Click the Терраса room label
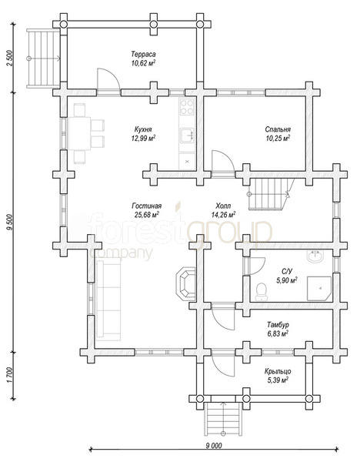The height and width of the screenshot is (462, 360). (x=143, y=54)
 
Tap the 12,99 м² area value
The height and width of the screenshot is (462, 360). (x=143, y=138)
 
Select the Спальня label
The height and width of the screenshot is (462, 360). (x=278, y=129)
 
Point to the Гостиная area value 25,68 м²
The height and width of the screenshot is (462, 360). (x=147, y=215)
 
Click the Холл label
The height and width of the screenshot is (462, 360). (x=223, y=206)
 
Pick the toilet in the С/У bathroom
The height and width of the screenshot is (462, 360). (x=261, y=292)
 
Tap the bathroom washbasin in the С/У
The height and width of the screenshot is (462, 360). (x=315, y=256)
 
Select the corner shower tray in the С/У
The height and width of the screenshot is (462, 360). (x=319, y=289)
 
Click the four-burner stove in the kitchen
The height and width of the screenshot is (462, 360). (x=187, y=107)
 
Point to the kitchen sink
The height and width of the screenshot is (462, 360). (x=187, y=136)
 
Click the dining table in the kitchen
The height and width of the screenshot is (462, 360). (x=79, y=133)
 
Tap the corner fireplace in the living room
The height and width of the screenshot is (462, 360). (x=185, y=283)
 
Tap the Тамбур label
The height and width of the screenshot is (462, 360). (x=278, y=325)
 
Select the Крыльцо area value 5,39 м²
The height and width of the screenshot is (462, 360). (x=278, y=380)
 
